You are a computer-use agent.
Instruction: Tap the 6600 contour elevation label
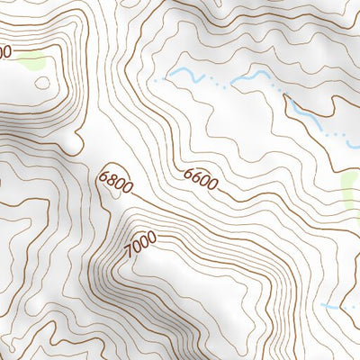(200, 178)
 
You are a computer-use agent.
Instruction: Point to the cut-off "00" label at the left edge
(4, 52)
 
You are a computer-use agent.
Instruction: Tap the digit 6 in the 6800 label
(106, 174)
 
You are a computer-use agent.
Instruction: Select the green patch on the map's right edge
(351, 189)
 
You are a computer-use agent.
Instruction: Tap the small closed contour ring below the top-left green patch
(42, 83)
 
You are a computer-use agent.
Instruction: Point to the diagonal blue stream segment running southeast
(301, 111)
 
